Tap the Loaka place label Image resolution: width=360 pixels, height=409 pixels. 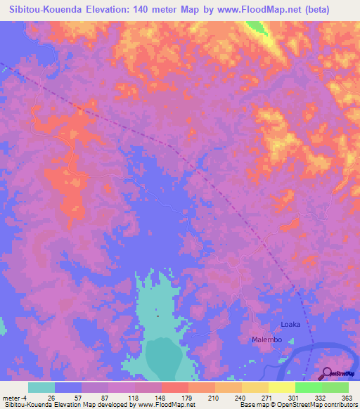(290, 324)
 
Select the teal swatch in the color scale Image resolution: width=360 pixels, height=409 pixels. (41, 387)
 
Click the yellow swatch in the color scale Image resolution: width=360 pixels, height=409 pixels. (282, 387)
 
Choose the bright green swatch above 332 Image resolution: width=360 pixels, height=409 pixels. (309, 387)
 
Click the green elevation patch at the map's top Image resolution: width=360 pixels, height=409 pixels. (257, 28)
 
